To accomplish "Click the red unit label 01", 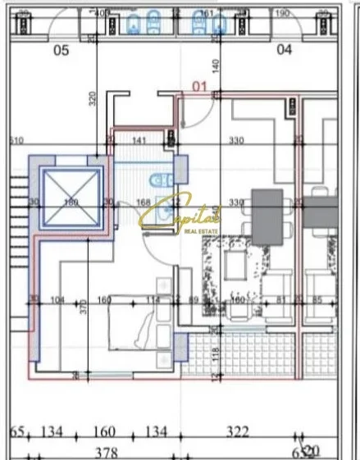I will (199, 85).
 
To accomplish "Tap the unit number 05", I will (61, 49).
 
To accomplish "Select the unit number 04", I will (285, 49).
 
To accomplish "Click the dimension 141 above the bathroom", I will (139, 141).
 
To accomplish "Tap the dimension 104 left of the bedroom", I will (57, 300).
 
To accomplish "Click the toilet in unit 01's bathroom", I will (157, 177).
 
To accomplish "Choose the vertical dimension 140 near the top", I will (216, 64).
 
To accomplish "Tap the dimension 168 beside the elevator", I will (144, 203).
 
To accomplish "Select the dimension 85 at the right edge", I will (317, 300).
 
